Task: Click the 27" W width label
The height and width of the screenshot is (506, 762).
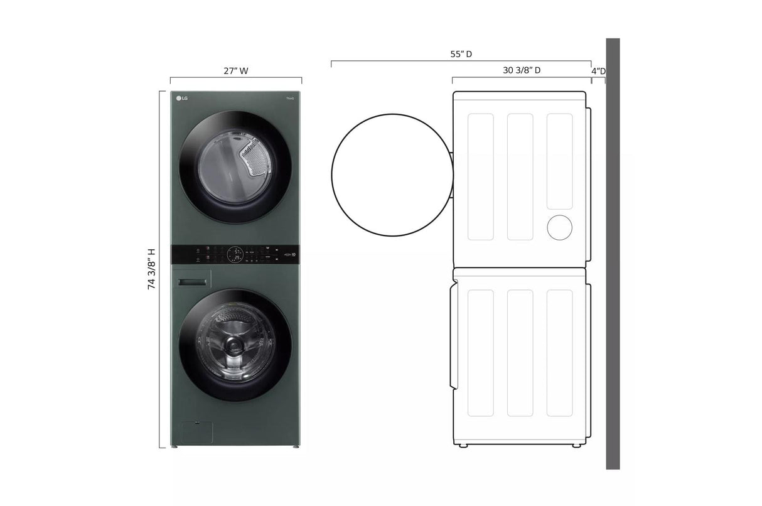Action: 236,71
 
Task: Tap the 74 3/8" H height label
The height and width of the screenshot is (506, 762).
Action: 151,268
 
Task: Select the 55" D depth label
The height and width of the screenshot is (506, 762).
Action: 461,55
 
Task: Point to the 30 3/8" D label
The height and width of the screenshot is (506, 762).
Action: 522,70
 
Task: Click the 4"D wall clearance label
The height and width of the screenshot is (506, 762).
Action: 598,71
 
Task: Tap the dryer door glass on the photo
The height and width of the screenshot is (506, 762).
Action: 235,167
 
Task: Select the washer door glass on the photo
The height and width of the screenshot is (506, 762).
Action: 235,344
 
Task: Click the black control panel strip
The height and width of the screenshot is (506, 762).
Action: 236,254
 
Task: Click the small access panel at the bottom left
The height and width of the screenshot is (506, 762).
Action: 196,433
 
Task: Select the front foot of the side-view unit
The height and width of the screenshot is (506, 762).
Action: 463,446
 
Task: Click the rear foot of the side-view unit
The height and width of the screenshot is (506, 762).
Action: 576,446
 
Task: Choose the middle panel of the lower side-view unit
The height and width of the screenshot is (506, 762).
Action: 520,353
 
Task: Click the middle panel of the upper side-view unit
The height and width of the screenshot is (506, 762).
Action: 520,176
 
